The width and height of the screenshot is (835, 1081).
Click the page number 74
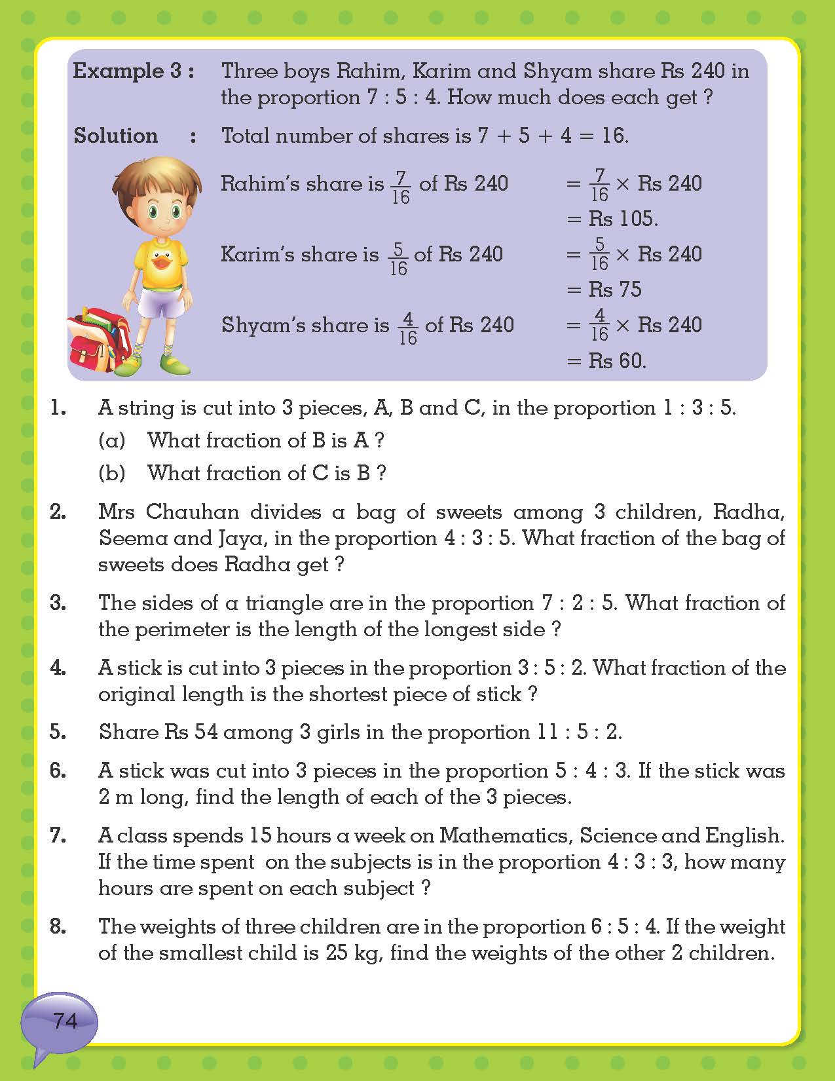pyautogui.click(x=65, y=1020)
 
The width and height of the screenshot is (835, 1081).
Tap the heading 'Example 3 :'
pyautogui.click(x=134, y=71)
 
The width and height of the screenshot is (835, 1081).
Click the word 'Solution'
pyautogui.click(x=116, y=136)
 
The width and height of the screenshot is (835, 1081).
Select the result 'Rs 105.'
pyautogui.click(x=623, y=218)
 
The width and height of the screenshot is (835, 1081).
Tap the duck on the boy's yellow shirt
pyautogui.click(x=161, y=261)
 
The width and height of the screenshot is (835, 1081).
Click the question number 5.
pyautogui.click(x=58, y=732)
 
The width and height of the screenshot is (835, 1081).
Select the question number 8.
pyautogui.click(x=58, y=926)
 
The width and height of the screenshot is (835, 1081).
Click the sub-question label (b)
pyautogui.click(x=111, y=472)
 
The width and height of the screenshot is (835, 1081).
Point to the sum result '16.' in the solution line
pyautogui.click(x=615, y=136)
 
